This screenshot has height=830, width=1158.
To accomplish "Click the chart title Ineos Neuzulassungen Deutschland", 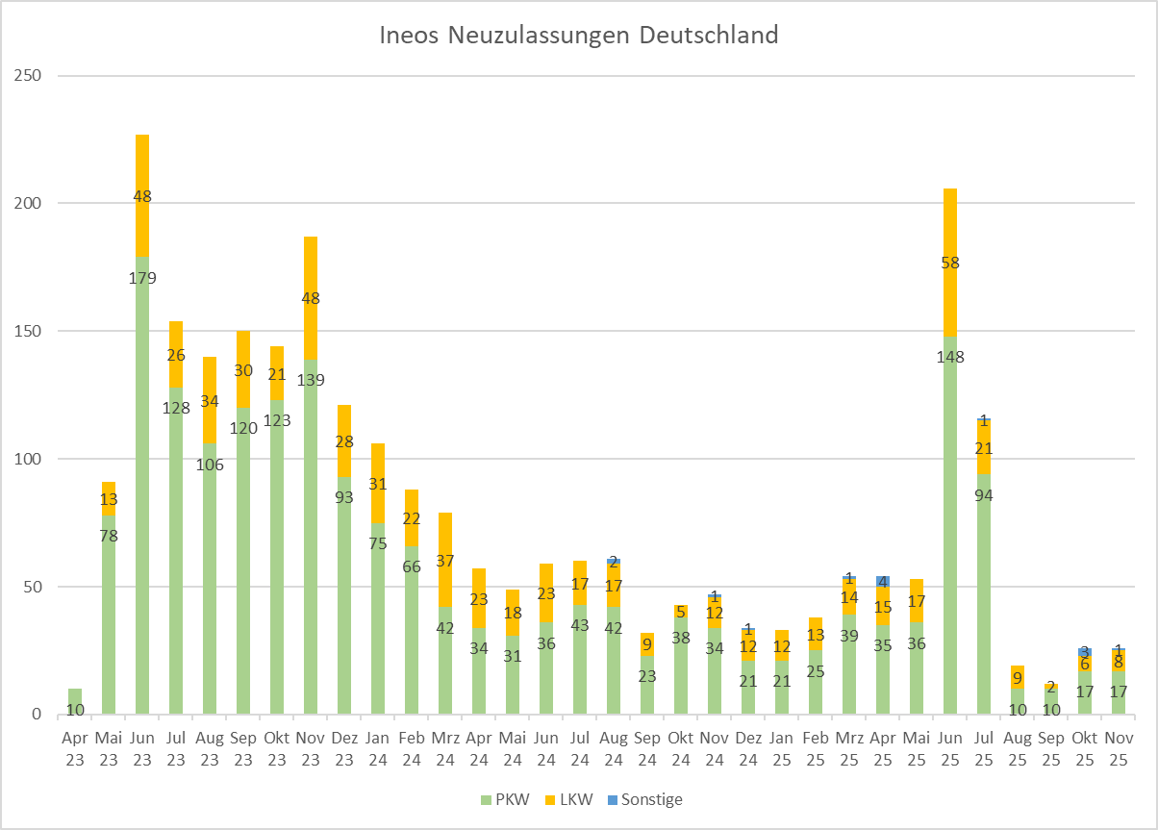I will tap(578, 37).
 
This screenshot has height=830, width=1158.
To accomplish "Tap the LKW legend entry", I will tap(574, 799).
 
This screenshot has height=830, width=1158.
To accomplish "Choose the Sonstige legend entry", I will tap(651, 799).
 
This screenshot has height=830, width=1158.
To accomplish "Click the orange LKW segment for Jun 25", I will tap(950, 289).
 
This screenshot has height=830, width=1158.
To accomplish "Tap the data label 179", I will tap(142, 279).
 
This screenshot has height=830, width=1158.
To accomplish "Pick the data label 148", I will tap(950, 358).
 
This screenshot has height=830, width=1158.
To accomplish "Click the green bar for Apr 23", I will tap(75, 701).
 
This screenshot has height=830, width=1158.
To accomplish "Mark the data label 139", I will tap(311, 380).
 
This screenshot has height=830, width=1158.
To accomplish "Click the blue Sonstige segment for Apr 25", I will tap(883, 581).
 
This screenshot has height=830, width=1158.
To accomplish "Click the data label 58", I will tap(950, 263).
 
